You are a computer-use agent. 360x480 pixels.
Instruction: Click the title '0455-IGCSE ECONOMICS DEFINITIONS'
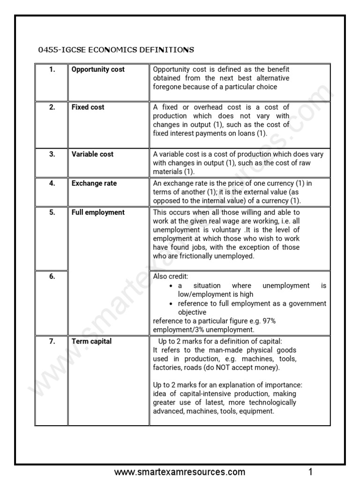click(x=115, y=50)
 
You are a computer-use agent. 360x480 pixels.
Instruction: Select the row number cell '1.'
click(x=52, y=69)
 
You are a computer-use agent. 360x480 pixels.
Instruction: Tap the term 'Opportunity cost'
click(x=98, y=69)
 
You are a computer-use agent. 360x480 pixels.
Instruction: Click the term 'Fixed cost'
click(x=88, y=107)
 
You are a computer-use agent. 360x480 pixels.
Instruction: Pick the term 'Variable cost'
click(x=92, y=154)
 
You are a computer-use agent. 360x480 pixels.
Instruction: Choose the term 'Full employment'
click(x=98, y=212)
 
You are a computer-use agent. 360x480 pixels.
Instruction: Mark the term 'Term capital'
click(x=91, y=341)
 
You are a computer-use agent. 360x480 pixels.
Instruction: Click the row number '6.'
click(x=52, y=277)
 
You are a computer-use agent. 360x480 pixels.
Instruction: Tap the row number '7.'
click(x=52, y=341)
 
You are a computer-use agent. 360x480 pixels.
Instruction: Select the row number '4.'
click(x=52, y=183)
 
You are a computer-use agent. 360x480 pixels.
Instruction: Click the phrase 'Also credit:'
click(x=171, y=277)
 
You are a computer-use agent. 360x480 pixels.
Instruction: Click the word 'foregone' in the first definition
click(x=167, y=87)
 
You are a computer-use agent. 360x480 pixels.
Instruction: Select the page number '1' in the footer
click(x=310, y=472)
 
